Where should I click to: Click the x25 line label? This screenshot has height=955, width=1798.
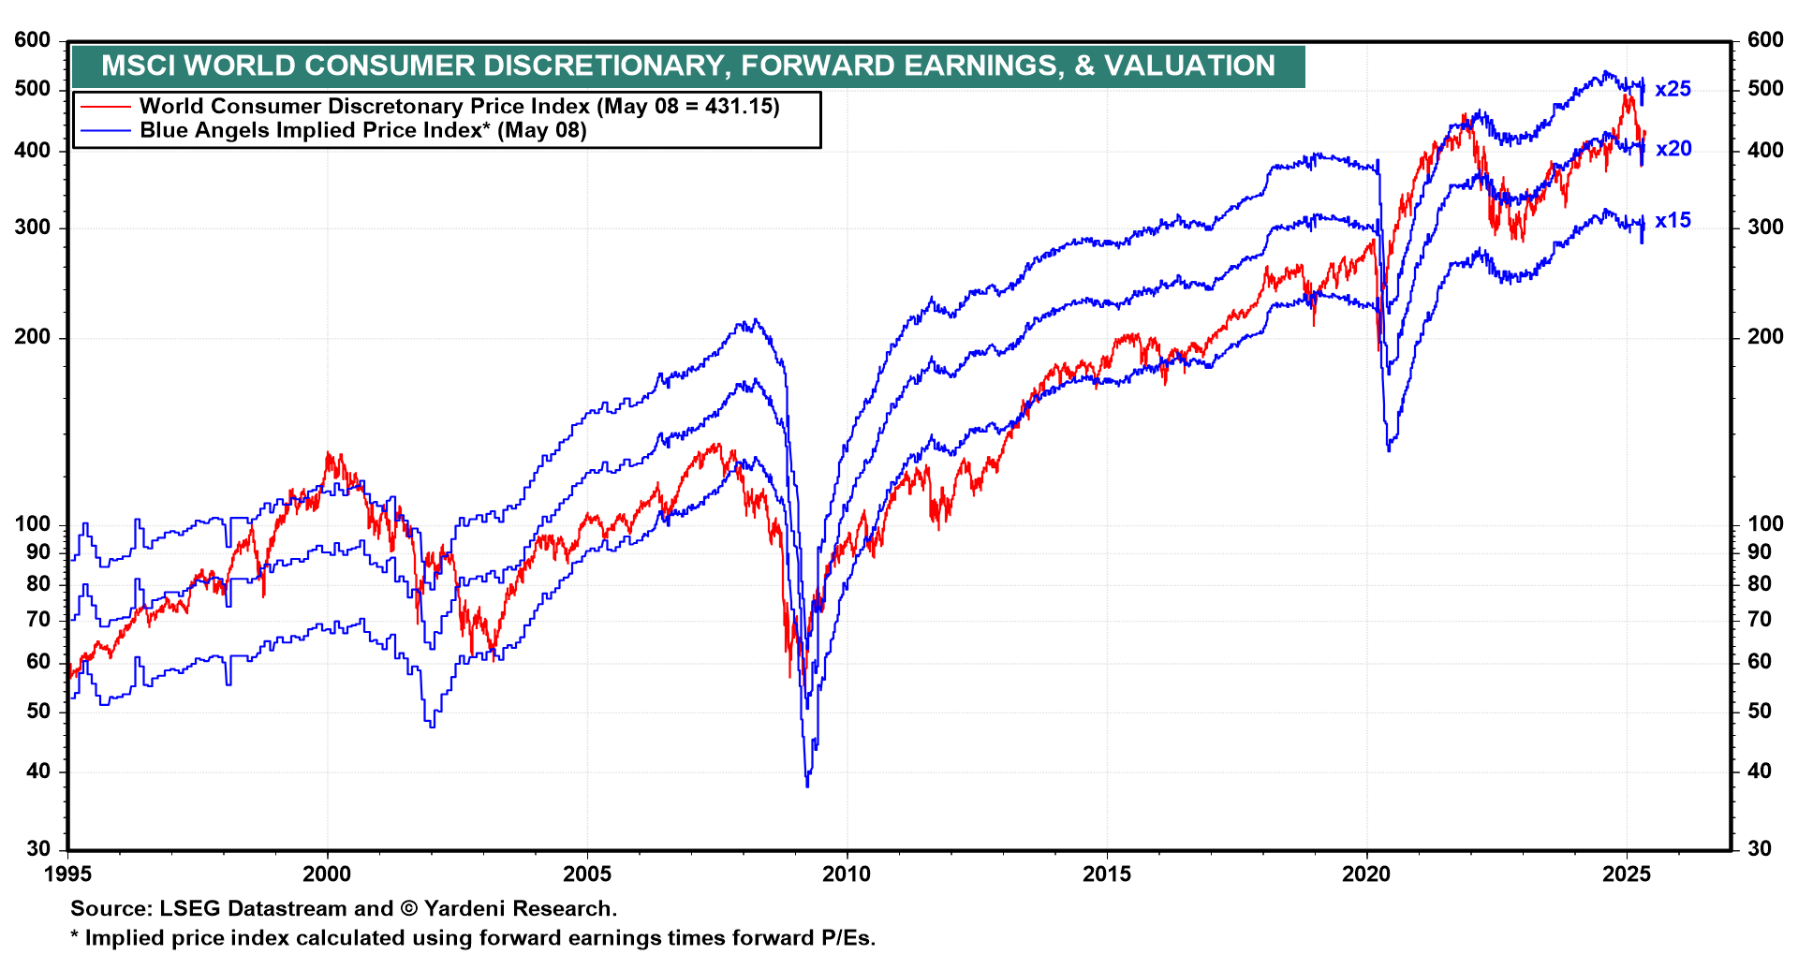point(1673,89)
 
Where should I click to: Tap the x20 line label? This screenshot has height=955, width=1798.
point(1673,149)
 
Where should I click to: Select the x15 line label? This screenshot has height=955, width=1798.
point(1673,221)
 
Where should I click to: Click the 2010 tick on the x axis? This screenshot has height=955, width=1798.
point(847,874)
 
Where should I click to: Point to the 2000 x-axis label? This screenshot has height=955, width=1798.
point(327,874)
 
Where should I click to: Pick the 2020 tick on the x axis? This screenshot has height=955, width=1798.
point(1366,874)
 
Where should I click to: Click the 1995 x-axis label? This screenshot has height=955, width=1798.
point(67,874)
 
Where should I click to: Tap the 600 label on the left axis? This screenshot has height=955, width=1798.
point(33,40)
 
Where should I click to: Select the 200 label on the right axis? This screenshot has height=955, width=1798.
point(1765,337)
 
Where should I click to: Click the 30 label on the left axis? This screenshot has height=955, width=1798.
point(38,849)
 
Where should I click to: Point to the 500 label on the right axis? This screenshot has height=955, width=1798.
point(1765,89)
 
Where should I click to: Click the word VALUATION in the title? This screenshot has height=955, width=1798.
point(1189,66)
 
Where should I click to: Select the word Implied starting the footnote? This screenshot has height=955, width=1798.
point(123,938)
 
